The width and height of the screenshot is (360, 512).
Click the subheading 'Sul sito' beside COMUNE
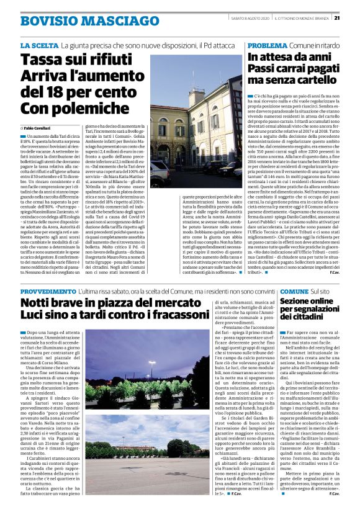pyautogui.click(x=321, y=292)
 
